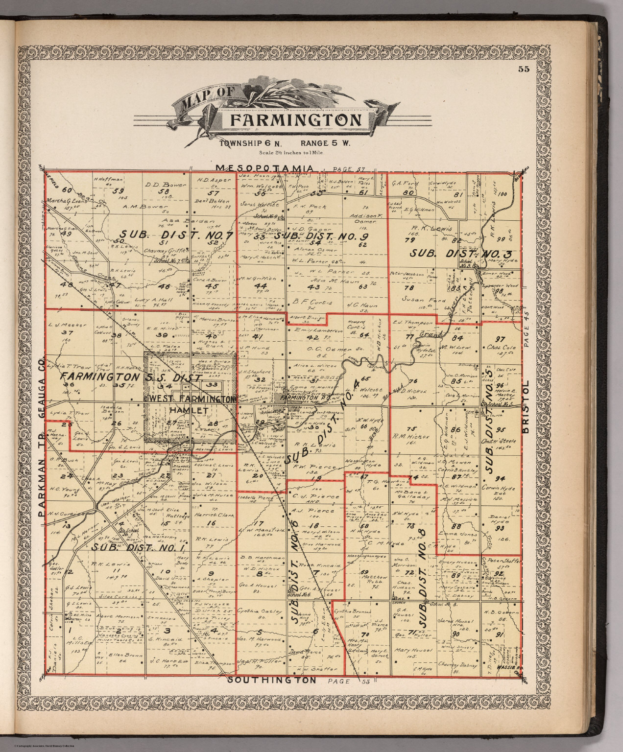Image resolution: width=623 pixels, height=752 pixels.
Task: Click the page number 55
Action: [x=524, y=69]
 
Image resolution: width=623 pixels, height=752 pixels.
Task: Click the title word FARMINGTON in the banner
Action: [x=296, y=120]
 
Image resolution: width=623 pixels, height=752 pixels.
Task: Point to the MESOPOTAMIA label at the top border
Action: [x=264, y=168]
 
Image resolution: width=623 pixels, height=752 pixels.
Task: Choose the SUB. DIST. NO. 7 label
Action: [x=176, y=235]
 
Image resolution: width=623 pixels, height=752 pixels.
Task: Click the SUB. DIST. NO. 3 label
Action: [x=460, y=254]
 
